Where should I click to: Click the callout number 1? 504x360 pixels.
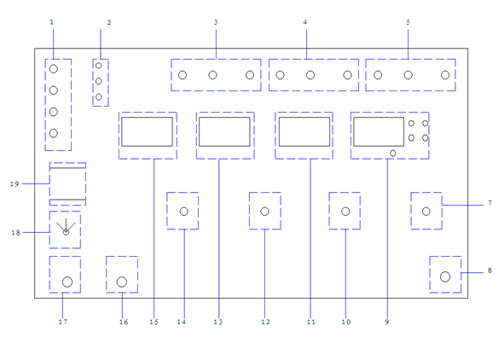pyautogui.click(x=52, y=22)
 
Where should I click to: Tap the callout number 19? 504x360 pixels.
pyautogui.click(x=14, y=184)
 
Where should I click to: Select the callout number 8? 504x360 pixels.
pyautogui.click(x=490, y=270)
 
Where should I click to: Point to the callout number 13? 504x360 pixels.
pyautogui.click(x=218, y=322)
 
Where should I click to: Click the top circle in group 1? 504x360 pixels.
pyautogui.click(x=54, y=69)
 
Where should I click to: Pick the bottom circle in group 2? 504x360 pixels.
pyautogui.click(x=99, y=96)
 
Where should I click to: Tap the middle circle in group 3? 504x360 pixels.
pyautogui.click(x=213, y=75)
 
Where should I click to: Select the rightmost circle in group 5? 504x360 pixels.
pyautogui.click(x=445, y=75)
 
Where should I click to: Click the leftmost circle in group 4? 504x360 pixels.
pyautogui.click(x=281, y=75)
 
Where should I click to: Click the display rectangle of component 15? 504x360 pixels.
pyautogui.click(x=148, y=131)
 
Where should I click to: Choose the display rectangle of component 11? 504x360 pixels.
pyautogui.click(x=304, y=131)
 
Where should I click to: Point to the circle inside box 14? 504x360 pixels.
pyautogui.click(x=184, y=212)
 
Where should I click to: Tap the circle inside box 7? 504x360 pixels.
pyautogui.click(x=426, y=212)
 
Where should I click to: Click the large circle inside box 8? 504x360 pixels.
pyautogui.click(x=445, y=276)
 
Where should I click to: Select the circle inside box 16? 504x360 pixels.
pyautogui.click(x=122, y=282)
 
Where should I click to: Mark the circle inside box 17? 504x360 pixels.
pyautogui.click(x=67, y=282)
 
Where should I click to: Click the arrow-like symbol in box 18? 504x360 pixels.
pyautogui.click(x=66, y=227)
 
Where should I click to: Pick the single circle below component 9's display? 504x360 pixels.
pyautogui.click(x=393, y=154)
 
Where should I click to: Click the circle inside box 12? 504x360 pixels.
pyautogui.click(x=265, y=212)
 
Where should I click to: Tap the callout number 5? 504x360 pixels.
pyautogui.click(x=408, y=22)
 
